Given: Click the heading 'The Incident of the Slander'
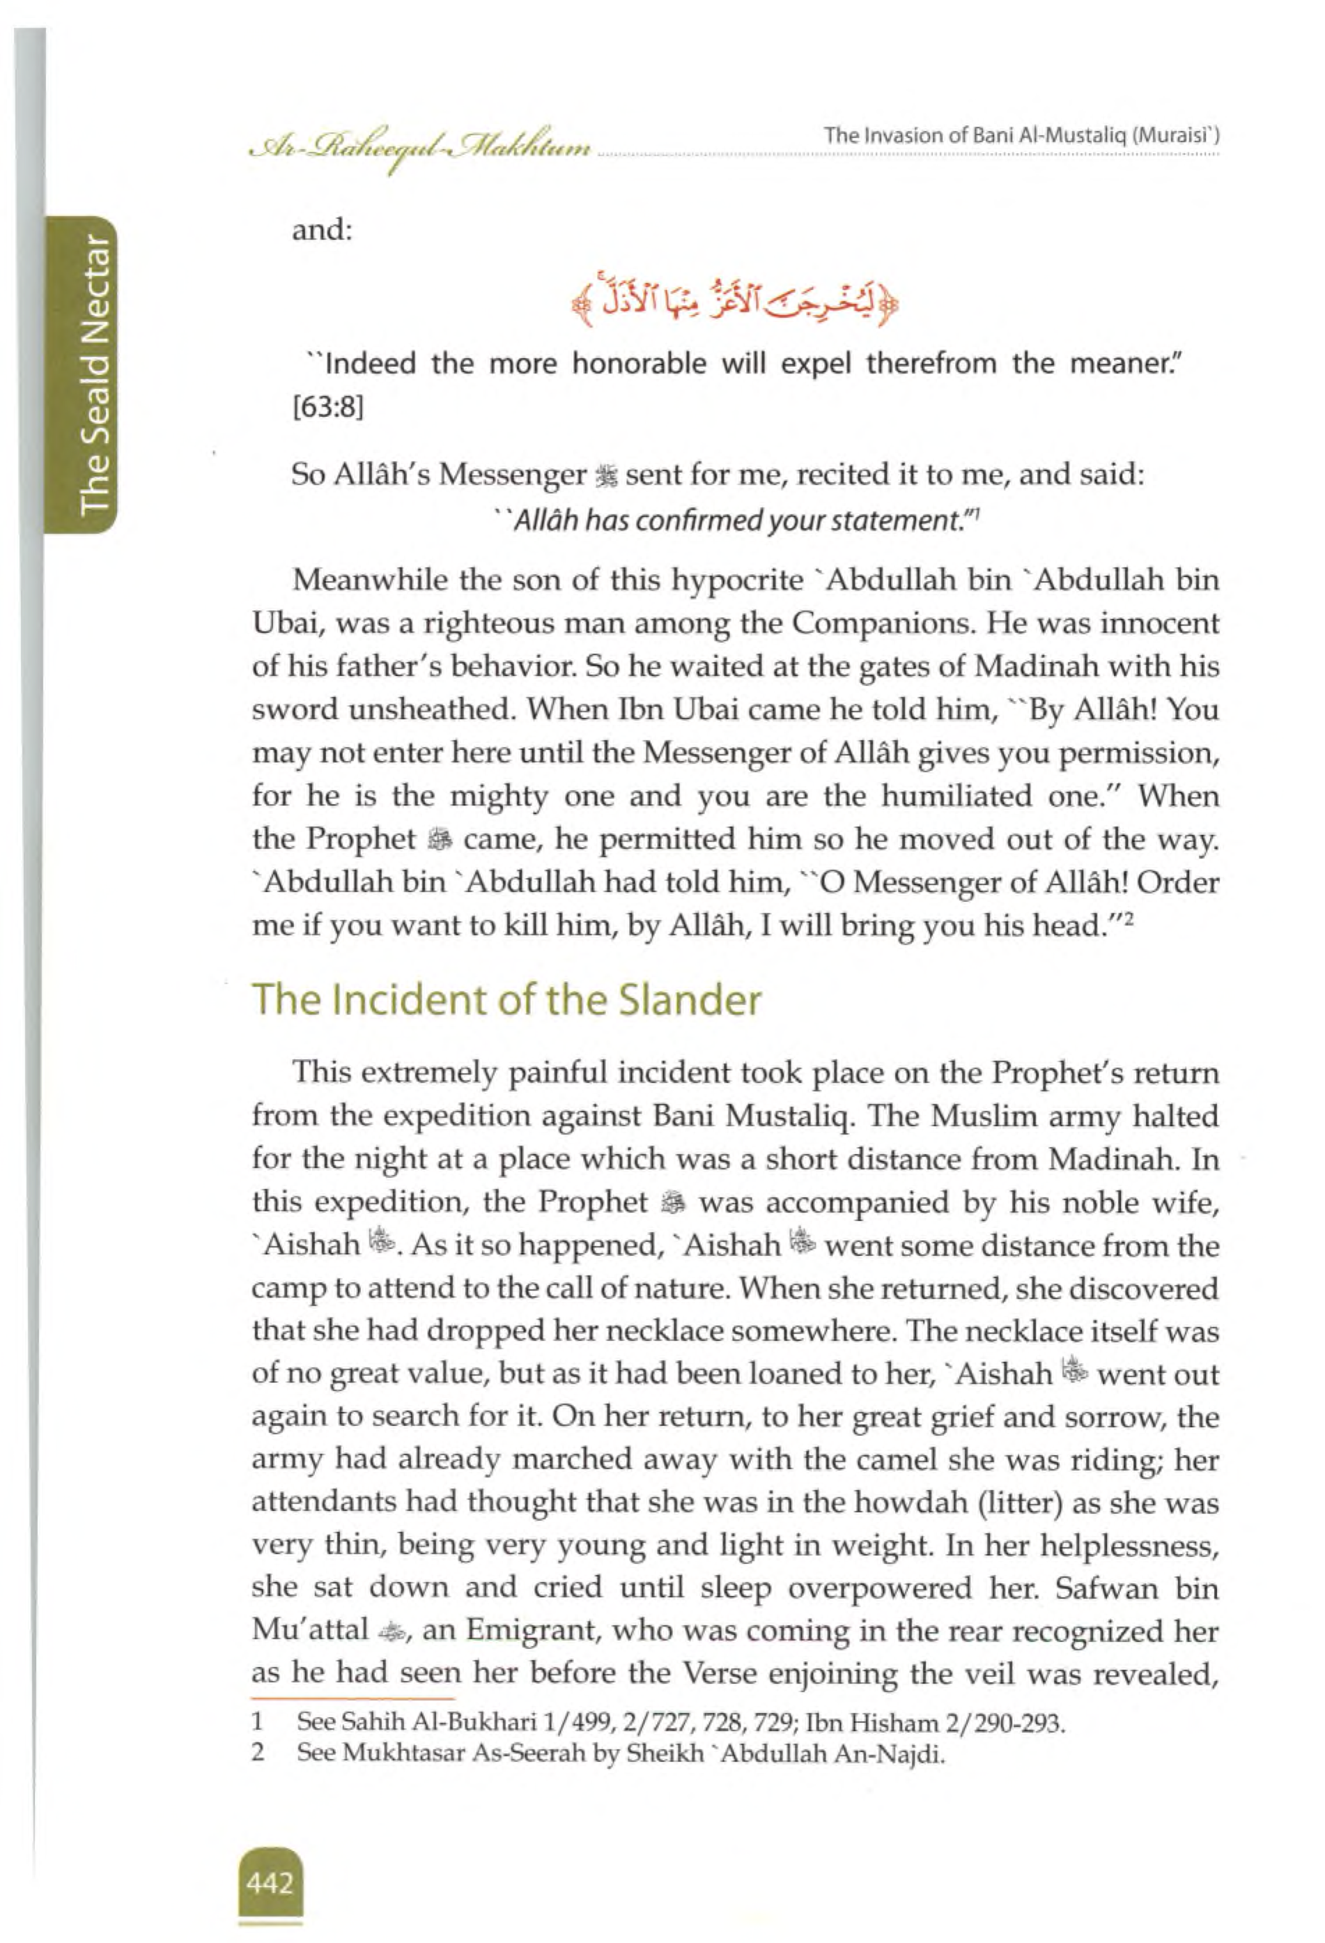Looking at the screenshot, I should pos(506,1000).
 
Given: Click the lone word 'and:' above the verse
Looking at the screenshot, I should pos(322,229).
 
